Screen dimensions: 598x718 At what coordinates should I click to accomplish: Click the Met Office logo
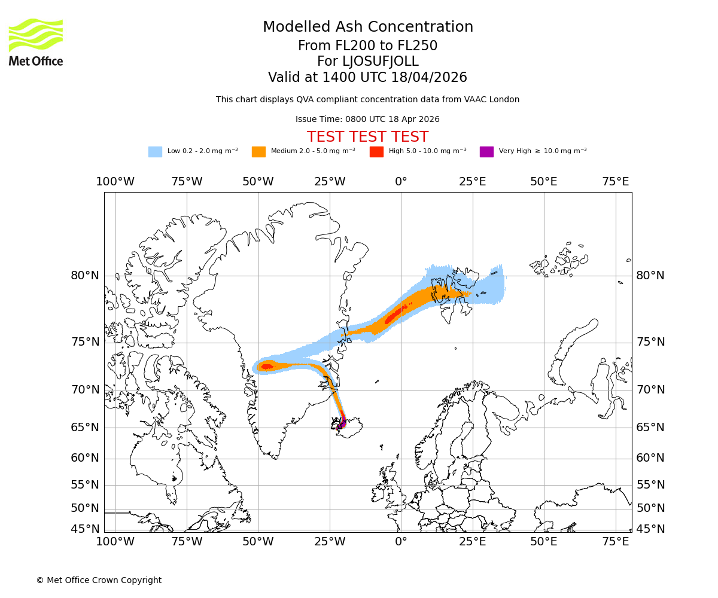[x=36, y=42]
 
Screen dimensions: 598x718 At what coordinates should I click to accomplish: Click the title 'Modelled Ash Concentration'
[x=368, y=28]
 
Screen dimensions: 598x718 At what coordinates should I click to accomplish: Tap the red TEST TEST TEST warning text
[x=367, y=137]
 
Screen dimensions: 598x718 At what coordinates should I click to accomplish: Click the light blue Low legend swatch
[x=155, y=151]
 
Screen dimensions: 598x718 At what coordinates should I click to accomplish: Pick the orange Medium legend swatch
[x=258, y=151]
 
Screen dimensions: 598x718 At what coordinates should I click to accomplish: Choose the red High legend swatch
[x=376, y=151]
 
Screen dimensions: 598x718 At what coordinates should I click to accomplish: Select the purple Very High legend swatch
[x=486, y=151]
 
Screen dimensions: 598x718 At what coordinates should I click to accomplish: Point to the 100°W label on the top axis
[x=115, y=182]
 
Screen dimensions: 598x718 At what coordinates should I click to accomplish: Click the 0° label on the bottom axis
[x=401, y=542]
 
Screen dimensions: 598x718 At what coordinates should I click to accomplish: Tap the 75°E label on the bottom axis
[x=615, y=542]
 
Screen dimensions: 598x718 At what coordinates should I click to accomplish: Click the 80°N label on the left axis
[x=85, y=276]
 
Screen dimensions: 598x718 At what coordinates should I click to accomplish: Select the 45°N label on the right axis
[x=650, y=529]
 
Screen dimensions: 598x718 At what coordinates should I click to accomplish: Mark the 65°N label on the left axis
[x=85, y=428]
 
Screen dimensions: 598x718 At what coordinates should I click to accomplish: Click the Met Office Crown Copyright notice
[x=99, y=580]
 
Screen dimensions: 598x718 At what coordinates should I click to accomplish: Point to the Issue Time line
[x=367, y=119]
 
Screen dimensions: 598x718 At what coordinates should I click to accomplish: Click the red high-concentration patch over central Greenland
[x=267, y=367]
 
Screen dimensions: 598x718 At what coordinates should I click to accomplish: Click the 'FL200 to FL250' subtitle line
[x=368, y=46]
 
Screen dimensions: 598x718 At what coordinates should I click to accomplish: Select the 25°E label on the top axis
[x=472, y=182]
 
